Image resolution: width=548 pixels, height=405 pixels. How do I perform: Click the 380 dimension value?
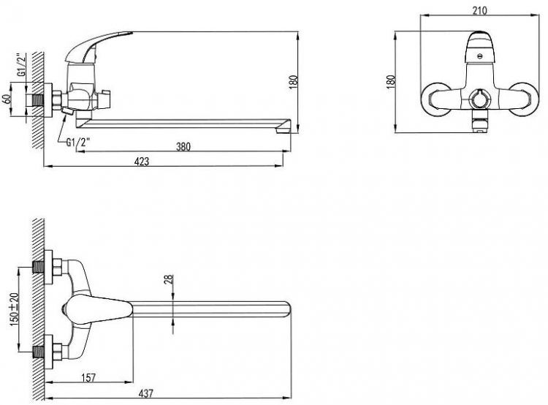(x=183, y=146)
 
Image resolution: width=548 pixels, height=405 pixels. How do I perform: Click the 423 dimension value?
(x=142, y=162)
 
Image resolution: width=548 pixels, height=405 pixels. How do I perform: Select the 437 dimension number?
(x=146, y=393)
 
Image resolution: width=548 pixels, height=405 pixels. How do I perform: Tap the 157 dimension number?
(x=88, y=378)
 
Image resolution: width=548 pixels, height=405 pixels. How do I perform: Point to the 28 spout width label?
(x=169, y=279)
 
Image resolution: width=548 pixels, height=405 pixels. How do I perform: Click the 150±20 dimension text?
(x=15, y=309)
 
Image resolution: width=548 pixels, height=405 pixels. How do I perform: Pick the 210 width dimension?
(x=479, y=11)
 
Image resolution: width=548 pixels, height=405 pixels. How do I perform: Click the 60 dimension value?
(x=7, y=98)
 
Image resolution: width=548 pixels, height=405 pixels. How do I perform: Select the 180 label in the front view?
(x=391, y=82)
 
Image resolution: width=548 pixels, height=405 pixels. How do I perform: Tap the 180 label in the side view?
(x=293, y=83)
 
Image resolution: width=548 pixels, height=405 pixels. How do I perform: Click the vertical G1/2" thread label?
(x=22, y=64)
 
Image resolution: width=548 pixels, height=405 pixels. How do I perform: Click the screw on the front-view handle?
(x=480, y=56)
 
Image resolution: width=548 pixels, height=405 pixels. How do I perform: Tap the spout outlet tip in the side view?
(x=283, y=130)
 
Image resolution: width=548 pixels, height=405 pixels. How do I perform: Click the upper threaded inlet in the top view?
(x=38, y=268)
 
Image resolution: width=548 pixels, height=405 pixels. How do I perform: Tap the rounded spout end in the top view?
(x=286, y=309)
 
